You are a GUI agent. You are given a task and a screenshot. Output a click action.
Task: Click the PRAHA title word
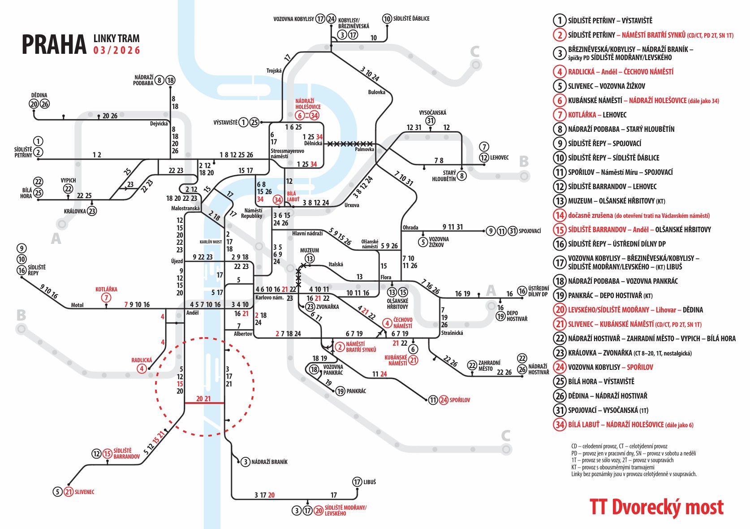54,44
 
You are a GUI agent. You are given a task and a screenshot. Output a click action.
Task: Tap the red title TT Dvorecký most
656,507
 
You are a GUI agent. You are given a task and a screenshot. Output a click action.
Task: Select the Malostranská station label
185,208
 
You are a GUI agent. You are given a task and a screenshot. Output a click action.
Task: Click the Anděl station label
193,313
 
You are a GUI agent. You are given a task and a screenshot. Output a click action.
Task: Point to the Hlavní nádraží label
307,234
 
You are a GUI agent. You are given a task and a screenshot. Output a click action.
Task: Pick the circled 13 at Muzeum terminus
310,258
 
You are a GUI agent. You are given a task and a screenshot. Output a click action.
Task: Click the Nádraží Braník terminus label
269,462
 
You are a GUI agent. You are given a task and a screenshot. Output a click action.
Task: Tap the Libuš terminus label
370,482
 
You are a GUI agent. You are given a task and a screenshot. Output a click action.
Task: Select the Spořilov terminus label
460,400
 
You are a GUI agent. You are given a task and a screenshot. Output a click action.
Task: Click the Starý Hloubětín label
444,176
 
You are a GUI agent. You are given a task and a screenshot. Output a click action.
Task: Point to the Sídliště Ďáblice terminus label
411,18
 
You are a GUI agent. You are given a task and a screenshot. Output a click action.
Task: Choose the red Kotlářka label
106,289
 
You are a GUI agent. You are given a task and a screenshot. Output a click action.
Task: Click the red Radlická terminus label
142,360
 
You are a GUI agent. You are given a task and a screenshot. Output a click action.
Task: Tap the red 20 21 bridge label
203,399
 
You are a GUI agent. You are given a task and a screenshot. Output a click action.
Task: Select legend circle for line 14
560,215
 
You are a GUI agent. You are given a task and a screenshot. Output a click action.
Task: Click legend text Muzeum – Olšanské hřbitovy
616,201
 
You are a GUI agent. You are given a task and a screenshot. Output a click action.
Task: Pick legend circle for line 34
560,425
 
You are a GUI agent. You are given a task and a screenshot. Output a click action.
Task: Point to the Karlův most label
211,242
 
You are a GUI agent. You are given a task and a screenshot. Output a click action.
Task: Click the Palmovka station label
364,149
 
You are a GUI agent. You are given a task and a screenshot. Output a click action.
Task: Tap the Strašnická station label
452,333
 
